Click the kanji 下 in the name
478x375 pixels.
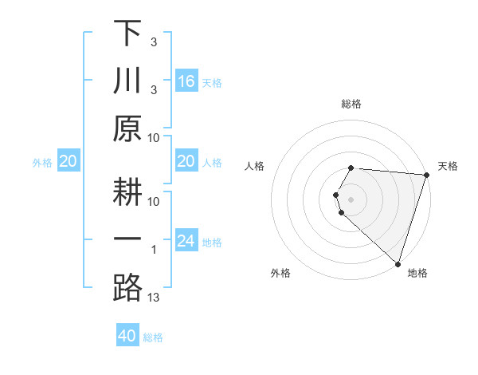(127, 34)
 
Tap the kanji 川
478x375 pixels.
(127, 81)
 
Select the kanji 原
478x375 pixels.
(127, 128)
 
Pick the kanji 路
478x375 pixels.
(127, 287)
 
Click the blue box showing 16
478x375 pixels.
(186, 81)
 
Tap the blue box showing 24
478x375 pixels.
(186, 241)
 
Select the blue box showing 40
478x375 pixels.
(127, 336)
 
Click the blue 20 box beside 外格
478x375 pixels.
(68, 162)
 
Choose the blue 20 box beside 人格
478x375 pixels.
(186, 162)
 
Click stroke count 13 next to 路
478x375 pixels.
(154, 298)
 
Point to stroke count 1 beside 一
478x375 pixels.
(154, 251)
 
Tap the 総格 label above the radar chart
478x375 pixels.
(351, 104)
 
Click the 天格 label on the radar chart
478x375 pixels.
(448, 166)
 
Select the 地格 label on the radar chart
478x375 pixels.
(417, 273)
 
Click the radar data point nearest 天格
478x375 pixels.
(426, 175)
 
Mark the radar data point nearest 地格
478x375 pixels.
(398, 263)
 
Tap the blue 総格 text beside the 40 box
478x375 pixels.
(153, 337)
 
